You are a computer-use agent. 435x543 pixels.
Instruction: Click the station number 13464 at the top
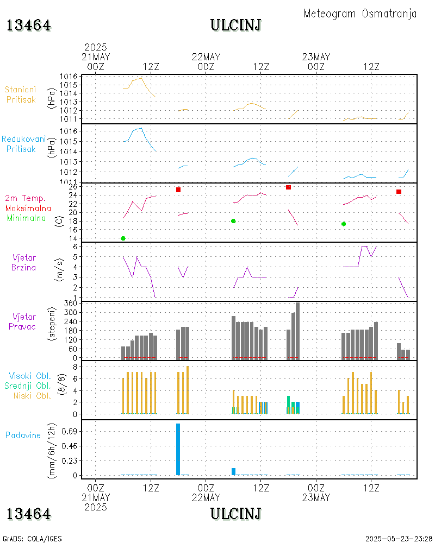coord(29,26)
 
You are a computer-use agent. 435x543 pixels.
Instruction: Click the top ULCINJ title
coord(235,26)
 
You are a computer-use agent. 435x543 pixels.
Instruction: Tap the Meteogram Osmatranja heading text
coord(360,14)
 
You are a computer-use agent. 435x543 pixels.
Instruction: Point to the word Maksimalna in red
coord(28,208)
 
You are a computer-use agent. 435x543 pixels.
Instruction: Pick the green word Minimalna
coord(27,218)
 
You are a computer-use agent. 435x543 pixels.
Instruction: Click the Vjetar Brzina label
coord(24,262)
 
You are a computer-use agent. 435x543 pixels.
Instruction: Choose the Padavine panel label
coord(23,435)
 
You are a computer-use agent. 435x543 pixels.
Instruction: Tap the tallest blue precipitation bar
coord(178,449)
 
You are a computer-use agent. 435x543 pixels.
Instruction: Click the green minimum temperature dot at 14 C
coord(123,238)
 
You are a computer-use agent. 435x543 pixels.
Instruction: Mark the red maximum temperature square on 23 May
coord(399,192)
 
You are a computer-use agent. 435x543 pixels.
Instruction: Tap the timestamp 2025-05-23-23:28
coord(399,539)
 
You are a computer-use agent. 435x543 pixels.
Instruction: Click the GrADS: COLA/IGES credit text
coord(32,539)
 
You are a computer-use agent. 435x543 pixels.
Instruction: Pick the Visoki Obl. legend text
coord(30,376)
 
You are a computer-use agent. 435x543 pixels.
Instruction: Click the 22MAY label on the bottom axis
coord(206,497)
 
